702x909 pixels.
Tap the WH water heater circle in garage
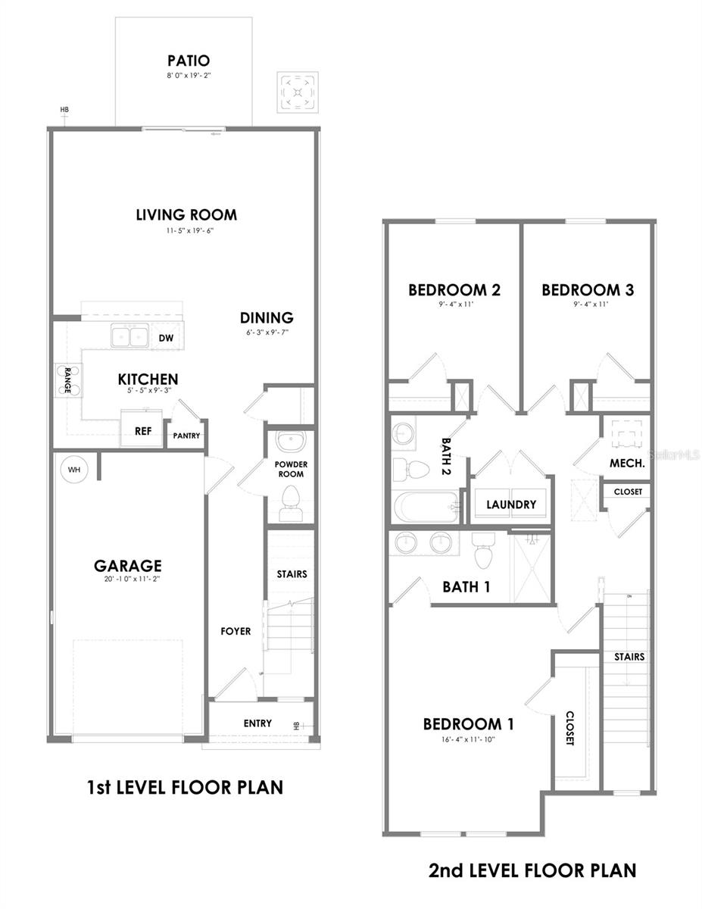pyautogui.click(x=74, y=470)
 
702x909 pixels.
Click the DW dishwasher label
pyautogui.click(x=166, y=339)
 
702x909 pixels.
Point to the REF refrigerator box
pyautogui.click(x=142, y=430)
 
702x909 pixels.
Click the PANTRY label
pyautogui.click(x=186, y=436)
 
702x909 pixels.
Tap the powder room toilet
pyautogui.click(x=290, y=503)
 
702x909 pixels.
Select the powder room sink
pyautogui.click(x=289, y=442)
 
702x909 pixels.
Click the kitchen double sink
pyautogui.click(x=129, y=335)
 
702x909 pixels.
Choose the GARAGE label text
pyautogui.click(x=128, y=565)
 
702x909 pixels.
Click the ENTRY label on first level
pyautogui.click(x=257, y=723)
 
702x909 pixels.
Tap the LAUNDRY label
pyautogui.click(x=511, y=504)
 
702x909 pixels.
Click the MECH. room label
pyautogui.click(x=627, y=463)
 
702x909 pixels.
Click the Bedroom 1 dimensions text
pyautogui.click(x=468, y=740)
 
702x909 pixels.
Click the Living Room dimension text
pyautogui.click(x=186, y=230)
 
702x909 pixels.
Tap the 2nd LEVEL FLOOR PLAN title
pyautogui.click(x=532, y=870)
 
